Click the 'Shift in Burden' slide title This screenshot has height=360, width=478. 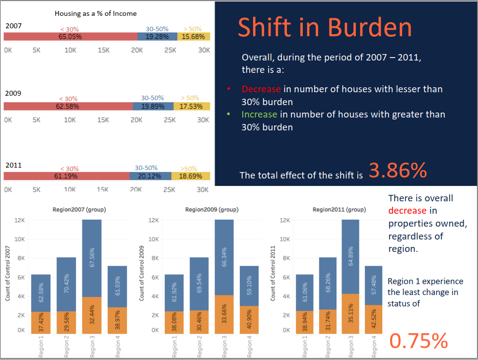point(325,28)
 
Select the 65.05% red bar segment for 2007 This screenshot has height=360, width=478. point(70,36)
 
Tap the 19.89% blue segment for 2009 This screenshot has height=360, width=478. point(153,106)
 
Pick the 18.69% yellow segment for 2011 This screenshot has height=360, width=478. point(191,176)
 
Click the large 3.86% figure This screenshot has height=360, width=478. point(398,171)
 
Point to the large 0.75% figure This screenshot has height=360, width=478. point(418,341)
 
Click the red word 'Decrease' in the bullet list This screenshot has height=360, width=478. point(261,89)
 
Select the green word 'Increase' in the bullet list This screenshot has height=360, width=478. point(259,115)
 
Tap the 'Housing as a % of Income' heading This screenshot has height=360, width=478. point(95,13)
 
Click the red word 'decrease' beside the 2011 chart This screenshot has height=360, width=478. point(407,211)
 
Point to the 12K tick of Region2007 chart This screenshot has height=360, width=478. point(20,220)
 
